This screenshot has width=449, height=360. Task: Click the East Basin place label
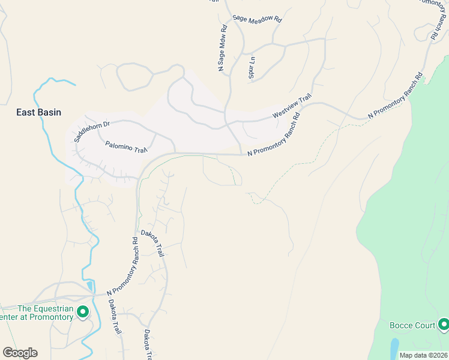click(38, 112)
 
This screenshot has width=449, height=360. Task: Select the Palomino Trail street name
click(126, 146)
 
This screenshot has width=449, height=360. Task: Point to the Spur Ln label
click(252, 67)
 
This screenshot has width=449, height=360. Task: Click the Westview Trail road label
click(292, 106)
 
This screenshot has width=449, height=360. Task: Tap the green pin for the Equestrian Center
click(83, 312)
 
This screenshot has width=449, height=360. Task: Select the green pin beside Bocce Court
click(444, 325)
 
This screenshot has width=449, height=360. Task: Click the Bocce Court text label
click(412, 326)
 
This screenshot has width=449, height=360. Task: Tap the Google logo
click(20, 353)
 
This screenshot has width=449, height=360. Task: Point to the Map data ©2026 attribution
click(424, 355)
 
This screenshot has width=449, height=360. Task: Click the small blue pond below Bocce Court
click(394, 347)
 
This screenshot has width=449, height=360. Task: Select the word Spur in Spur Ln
click(252, 72)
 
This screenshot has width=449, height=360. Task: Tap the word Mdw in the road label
click(221, 46)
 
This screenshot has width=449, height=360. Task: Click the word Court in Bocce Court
click(424, 326)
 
